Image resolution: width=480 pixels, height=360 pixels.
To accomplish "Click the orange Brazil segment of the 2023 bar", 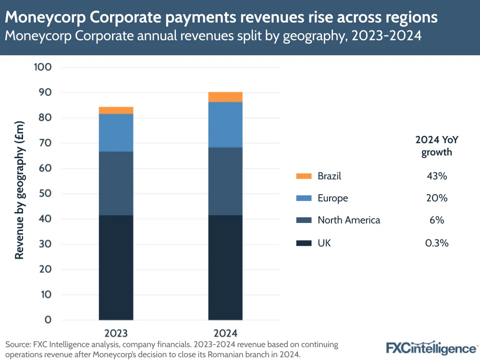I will tap(116, 111).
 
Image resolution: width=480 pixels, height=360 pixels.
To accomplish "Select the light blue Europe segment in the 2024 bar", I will tap(225, 124).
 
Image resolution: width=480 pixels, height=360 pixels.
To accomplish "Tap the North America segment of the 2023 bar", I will tap(116, 183).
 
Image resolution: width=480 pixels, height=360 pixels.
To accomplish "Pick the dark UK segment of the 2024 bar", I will tap(225, 267).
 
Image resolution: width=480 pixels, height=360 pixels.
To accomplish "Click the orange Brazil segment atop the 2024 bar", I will tap(225, 97).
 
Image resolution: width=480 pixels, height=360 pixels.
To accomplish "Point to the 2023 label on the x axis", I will tap(116, 333).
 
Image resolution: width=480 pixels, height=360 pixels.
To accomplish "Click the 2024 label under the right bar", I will tap(225, 333).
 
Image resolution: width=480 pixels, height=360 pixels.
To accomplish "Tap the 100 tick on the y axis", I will tap(42, 67).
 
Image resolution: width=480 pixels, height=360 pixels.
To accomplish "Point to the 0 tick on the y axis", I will tap(48, 320).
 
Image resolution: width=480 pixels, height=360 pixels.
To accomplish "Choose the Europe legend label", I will tap(332, 198).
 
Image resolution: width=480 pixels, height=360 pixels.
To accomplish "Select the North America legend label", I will tap(349, 220).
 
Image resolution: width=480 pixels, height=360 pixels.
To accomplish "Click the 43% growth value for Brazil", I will tap(437, 176).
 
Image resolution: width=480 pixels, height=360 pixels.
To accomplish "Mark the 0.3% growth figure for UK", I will tap(437, 243).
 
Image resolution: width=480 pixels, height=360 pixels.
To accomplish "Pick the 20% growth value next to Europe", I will tap(437, 198).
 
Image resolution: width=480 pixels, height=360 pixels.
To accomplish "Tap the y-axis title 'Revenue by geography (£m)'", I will tap(19, 190).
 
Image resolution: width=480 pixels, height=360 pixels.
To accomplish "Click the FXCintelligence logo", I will tap(431, 347).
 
